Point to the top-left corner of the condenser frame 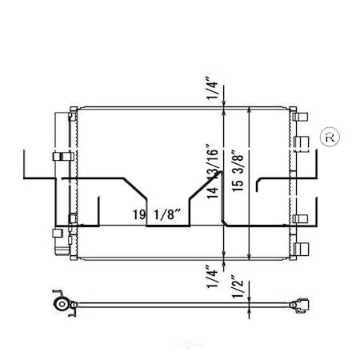[x=72, y=106]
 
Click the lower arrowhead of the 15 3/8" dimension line [x=252, y=258]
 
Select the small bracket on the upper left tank [x=58, y=156]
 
